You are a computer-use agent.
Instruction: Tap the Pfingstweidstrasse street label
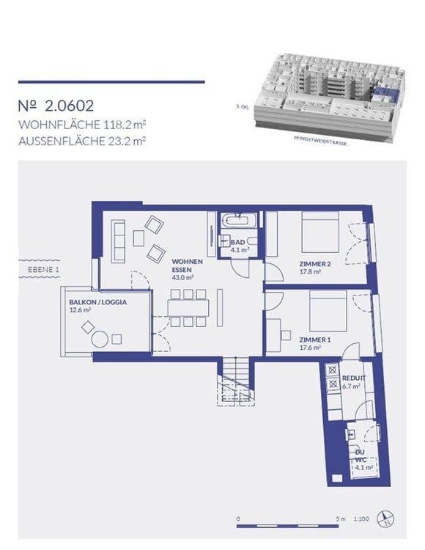[320, 144]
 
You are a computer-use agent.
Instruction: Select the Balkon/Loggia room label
[95, 303]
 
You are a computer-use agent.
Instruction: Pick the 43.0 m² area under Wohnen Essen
[182, 278]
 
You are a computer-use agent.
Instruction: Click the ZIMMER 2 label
[316, 264]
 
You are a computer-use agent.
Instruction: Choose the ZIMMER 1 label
[316, 340]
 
